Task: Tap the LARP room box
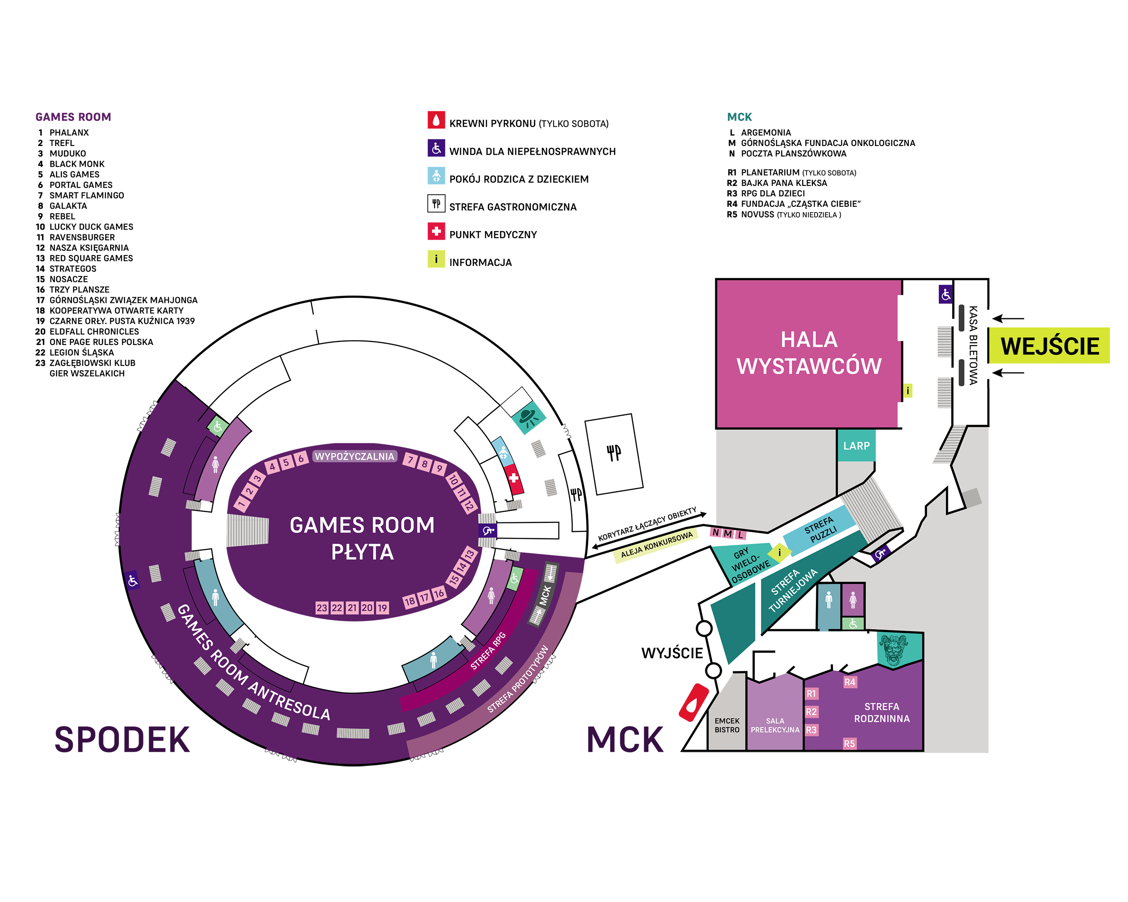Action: pos(856,446)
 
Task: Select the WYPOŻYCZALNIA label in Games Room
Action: pos(354,456)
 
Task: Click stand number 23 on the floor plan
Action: pos(321,607)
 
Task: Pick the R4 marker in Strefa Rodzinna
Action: pos(850,682)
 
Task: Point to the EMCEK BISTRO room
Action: pos(727,725)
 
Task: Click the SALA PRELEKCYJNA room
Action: pos(775,725)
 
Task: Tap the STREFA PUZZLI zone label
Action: pos(820,529)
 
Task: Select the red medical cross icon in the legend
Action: pos(436,231)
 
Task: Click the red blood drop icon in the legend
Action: pos(436,120)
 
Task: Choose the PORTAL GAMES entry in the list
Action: pos(81,185)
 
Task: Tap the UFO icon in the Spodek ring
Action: pos(528,417)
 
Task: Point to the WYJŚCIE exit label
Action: pos(672,653)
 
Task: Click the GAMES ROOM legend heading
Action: pos(73,117)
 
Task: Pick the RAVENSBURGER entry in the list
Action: pos(82,237)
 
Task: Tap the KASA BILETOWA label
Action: pos(973,345)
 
